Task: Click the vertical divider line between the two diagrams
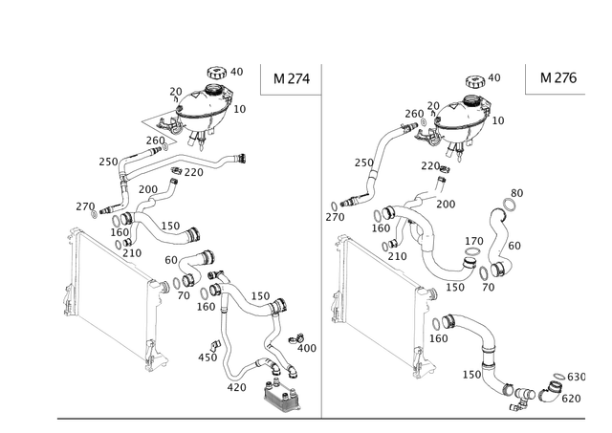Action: (319, 239)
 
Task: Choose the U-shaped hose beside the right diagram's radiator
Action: (430, 249)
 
